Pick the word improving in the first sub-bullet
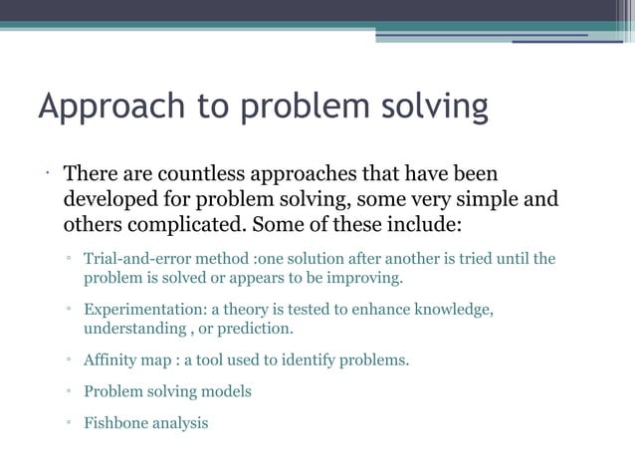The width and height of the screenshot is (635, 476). tap(364, 277)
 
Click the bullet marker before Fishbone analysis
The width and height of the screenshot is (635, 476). tap(69, 424)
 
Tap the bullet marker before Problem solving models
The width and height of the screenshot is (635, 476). tap(69, 392)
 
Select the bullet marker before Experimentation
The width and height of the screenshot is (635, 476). tap(69, 311)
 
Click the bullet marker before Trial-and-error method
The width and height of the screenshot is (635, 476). tap(69, 260)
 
